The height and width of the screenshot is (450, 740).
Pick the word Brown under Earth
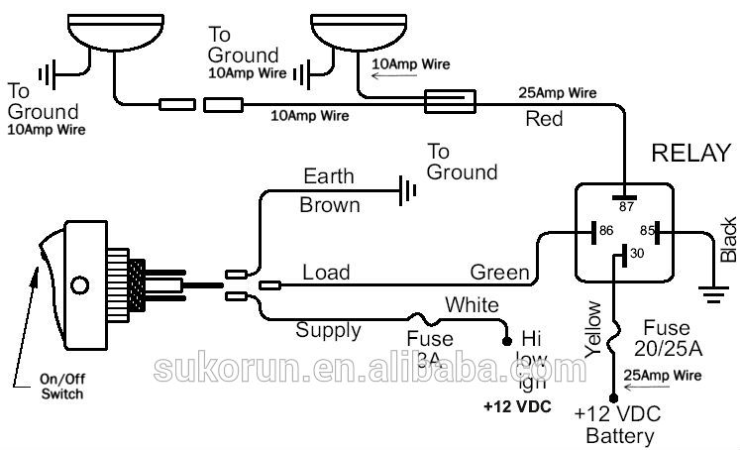(330, 206)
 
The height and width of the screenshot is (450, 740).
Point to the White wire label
(472, 304)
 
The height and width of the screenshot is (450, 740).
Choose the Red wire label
(544, 120)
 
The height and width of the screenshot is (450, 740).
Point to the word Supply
(330, 329)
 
